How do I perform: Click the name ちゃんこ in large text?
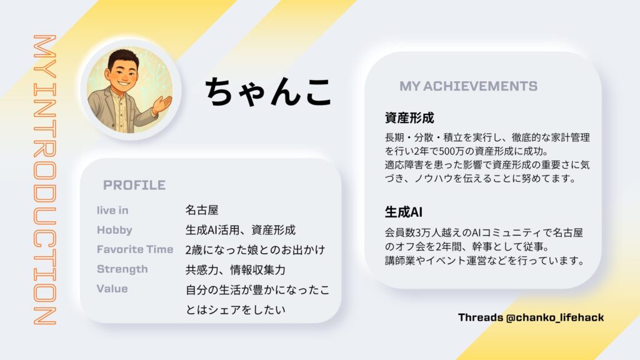267,91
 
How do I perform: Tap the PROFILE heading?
134,185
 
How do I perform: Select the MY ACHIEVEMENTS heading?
468,86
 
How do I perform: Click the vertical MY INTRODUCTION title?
44,180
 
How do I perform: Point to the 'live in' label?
112,210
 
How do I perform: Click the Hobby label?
114,230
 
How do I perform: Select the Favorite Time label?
135,249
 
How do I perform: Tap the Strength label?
122,269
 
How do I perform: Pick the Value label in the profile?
112,289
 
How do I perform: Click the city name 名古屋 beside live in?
202,210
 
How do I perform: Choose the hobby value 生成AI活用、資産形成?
241,230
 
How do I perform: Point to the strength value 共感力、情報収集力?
236,269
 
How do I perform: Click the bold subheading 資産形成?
409,118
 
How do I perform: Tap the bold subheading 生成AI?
403,212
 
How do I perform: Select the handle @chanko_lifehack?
555,317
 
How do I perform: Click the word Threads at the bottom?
481,317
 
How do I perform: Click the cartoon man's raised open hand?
162,104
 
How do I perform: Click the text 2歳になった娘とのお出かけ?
255,250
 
